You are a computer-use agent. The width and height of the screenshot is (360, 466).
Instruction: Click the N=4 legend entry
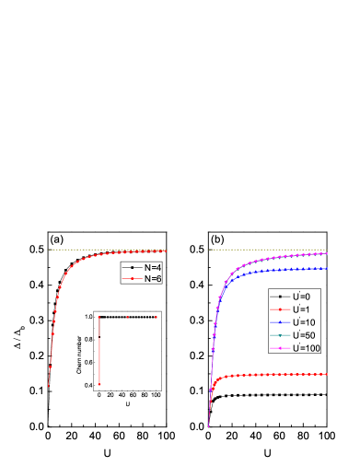click(142, 267)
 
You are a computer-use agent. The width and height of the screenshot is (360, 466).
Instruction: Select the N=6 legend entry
click(142, 278)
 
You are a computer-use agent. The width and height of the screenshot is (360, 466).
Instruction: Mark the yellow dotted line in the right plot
click(267, 250)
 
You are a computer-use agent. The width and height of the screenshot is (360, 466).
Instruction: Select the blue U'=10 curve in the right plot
click(276, 270)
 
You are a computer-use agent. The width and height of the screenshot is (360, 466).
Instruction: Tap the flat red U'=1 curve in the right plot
click(276, 375)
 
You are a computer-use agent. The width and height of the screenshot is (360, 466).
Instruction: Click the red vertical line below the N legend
click(99, 350)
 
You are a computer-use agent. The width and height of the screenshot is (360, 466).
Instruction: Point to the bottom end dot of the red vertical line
click(99, 383)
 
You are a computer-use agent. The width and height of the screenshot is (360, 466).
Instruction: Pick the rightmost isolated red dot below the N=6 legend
click(156, 317)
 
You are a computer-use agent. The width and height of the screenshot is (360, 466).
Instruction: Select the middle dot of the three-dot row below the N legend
click(127, 317)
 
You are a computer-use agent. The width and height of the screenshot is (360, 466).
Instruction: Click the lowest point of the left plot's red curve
click(48, 387)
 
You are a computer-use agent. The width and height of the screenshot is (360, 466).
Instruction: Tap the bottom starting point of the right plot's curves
click(208, 425)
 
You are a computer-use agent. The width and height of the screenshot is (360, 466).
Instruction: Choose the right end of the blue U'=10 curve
click(326, 268)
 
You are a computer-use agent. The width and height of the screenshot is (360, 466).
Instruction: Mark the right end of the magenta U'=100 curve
click(326, 253)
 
